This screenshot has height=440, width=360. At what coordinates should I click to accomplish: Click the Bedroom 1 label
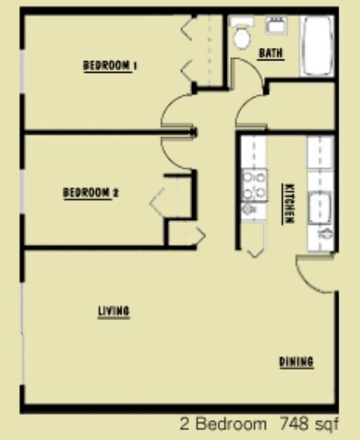pyautogui.click(x=110, y=66)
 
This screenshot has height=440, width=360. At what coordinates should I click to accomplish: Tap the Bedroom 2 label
pyautogui.click(x=92, y=194)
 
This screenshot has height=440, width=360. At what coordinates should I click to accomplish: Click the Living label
pyautogui.click(x=114, y=311)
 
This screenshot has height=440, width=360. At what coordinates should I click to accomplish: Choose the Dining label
pyautogui.click(x=295, y=362)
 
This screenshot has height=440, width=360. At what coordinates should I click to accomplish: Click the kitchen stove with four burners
pyautogui.click(x=254, y=184)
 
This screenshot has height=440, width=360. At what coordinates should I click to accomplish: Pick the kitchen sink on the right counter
pyautogui.click(x=320, y=207)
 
